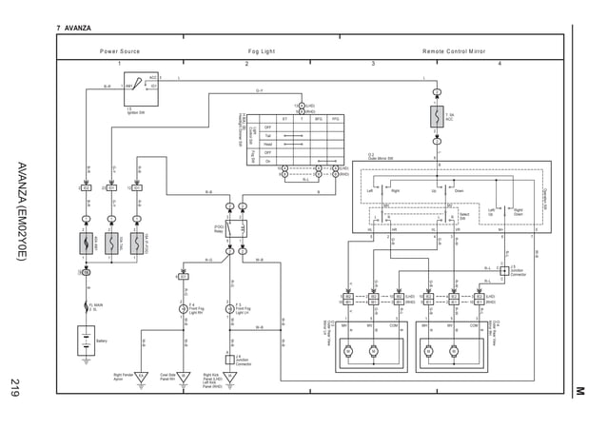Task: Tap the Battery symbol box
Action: [86, 341]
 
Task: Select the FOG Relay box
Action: [236, 229]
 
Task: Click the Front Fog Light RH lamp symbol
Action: [183, 309]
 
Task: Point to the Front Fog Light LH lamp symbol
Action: [229, 309]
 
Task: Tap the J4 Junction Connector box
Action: [229, 359]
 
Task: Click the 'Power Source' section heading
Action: [120, 51]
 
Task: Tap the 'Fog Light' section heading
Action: [262, 51]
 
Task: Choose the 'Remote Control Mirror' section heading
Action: [454, 51]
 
